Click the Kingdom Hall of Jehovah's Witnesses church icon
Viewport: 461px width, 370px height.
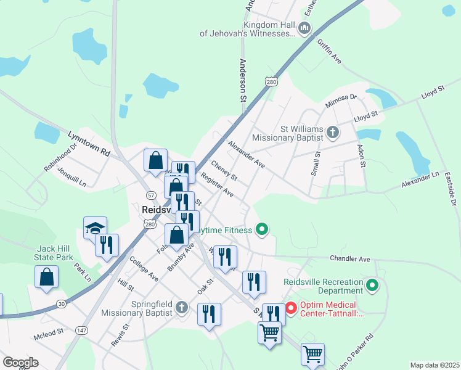pos(304,28)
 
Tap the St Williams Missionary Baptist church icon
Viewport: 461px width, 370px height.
pos(332,132)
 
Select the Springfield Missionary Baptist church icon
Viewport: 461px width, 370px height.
pos(181,307)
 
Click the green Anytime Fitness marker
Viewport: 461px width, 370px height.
pos(262,230)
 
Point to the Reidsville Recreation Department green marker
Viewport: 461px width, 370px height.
pos(372,286)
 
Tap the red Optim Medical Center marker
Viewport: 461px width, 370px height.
pos(291,306)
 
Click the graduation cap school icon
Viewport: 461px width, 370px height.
pos(96,228)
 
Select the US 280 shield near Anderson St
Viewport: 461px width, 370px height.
pos(271,81)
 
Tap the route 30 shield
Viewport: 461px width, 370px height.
pos(61,303)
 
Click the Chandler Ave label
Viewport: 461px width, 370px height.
pos(349,260)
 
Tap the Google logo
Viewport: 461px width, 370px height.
pos(20,363)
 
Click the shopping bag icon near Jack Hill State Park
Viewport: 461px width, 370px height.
pos(47,277)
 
